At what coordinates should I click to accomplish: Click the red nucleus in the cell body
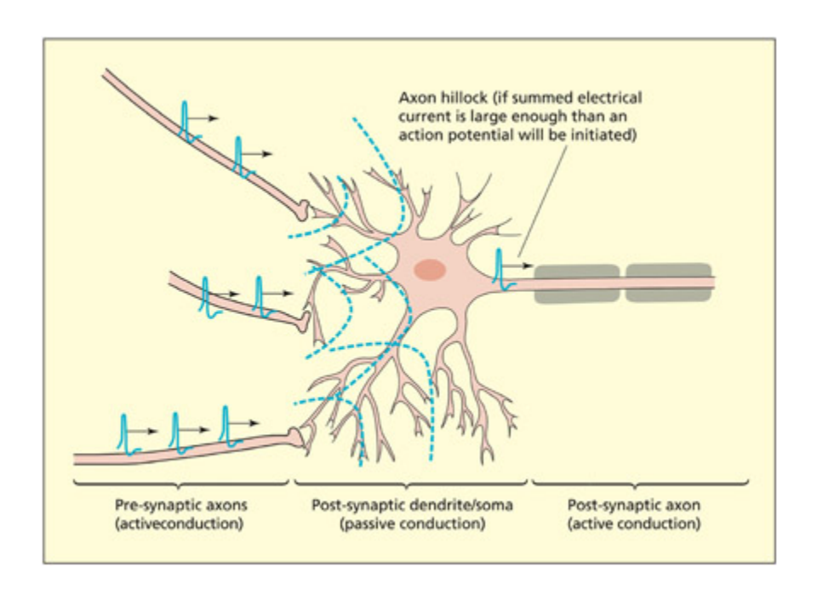coord(430,270)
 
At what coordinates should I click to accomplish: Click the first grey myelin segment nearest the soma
coord(576,283)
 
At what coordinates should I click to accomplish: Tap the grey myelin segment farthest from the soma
coord(669,283)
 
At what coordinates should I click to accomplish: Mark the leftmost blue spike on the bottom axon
coord(124,432)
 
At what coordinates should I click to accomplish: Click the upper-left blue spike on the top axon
coord(186,118)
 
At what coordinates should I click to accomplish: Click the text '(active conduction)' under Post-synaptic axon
coord(634,523)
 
